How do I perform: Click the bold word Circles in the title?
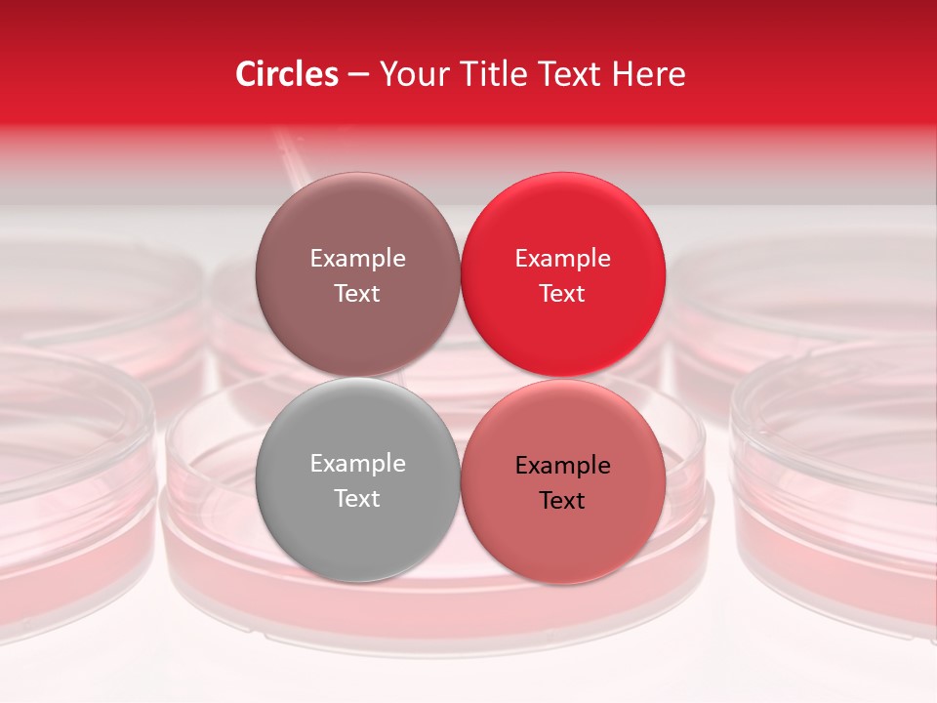point(287,74)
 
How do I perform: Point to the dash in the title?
point(358,75)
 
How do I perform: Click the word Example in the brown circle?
point(357,258)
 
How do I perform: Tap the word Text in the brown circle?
point(357,293)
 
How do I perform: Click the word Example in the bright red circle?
point(562,258)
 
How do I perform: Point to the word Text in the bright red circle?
point(562,293)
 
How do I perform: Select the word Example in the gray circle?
point(357,463)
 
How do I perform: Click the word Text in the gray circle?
point(357,498)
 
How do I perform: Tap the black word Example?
point(562,465)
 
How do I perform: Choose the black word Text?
point(562,500)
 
